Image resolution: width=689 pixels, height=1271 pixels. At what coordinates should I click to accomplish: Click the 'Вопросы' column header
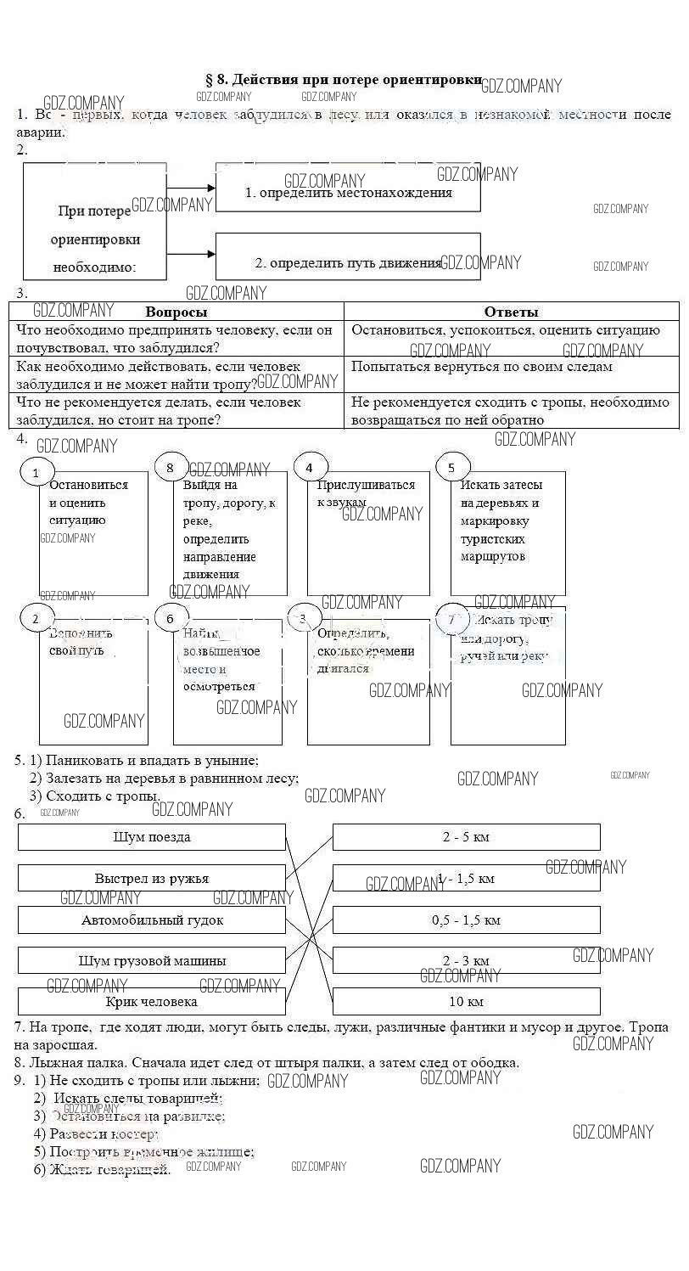176,312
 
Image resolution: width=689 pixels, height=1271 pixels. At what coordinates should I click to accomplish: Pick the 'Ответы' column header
511,312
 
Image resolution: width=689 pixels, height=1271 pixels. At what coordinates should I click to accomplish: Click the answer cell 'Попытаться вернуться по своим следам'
481,367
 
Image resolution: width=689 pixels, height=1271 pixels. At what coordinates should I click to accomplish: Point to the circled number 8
171,467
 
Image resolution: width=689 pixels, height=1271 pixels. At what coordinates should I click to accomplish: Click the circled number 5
451,467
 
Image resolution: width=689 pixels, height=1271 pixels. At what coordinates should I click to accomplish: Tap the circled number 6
171,619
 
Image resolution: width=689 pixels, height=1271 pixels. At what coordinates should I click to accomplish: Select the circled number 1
36,472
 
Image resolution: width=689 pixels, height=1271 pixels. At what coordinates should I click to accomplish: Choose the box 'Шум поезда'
152,837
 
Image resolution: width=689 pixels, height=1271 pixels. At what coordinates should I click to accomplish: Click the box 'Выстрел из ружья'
152,878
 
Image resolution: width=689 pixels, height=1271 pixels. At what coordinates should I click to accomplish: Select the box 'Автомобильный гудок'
152,920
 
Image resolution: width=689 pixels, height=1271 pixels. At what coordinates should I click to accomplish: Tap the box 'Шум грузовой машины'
152,961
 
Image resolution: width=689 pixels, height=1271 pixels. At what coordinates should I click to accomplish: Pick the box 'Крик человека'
152,1002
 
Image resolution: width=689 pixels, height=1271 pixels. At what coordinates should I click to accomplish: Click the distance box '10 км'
466,1002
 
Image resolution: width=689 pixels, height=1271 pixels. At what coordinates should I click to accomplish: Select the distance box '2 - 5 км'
466,837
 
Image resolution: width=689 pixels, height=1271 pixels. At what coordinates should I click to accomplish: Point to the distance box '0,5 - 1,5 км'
466,920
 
